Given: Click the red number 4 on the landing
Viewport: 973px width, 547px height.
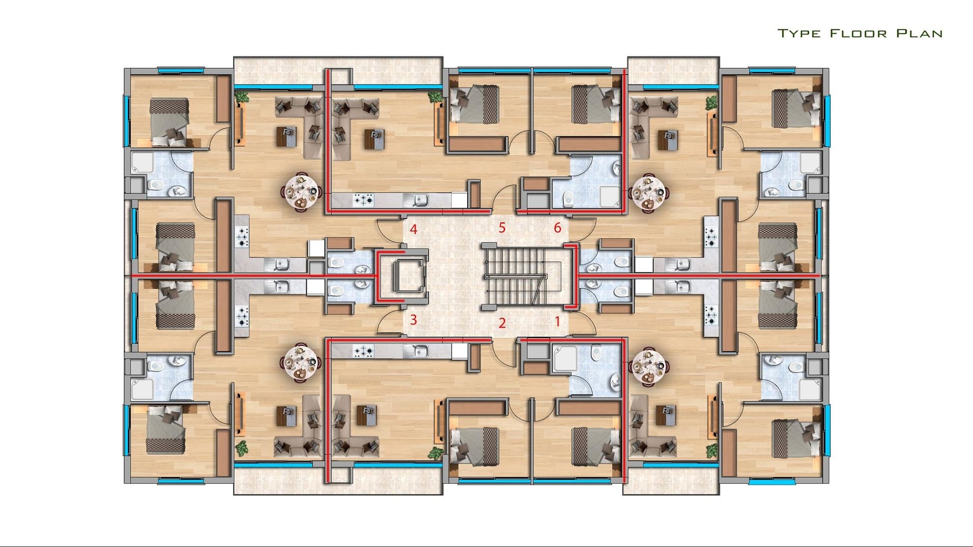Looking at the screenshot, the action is (414, 230).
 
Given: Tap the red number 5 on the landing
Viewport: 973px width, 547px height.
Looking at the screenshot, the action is (502, 228).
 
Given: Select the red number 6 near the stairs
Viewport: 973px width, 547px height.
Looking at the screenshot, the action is (557, 228).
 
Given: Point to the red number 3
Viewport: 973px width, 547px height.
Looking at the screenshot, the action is (414, 320).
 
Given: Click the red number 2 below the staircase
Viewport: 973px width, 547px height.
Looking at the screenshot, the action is (502, 323).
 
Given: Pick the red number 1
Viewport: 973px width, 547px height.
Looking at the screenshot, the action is (557, 321).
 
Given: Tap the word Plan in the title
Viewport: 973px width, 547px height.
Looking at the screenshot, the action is (920, 34).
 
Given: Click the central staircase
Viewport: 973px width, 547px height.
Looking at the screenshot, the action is (522, 276).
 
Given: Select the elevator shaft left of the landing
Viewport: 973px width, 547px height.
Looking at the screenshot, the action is (401, 276).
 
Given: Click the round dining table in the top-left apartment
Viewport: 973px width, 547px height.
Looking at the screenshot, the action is (301, 192).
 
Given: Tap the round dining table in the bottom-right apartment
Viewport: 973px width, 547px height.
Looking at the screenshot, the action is (649, 364).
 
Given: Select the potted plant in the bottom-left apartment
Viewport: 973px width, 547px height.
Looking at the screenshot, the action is (243, 448).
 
